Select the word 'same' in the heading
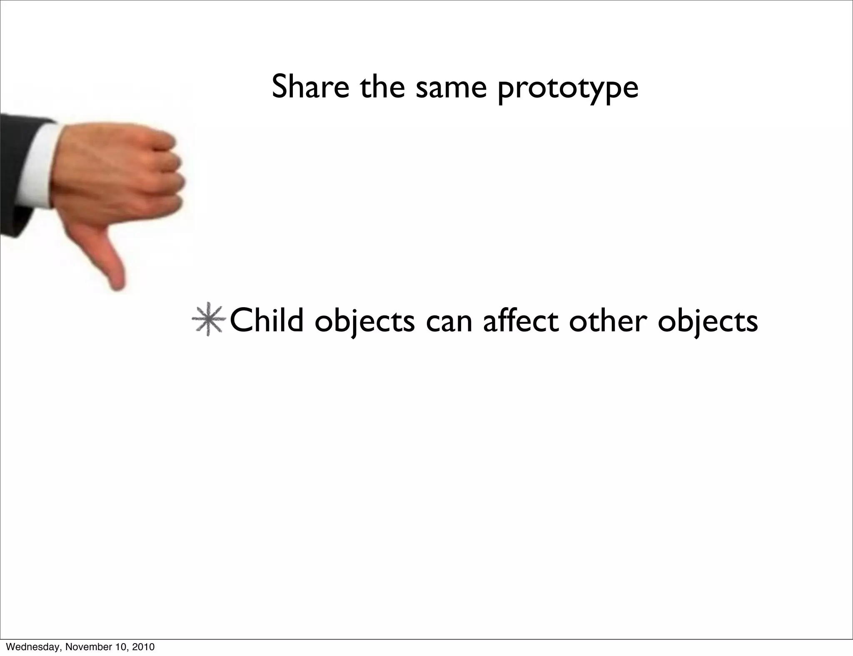[451, 87]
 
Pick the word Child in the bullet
[267, 321]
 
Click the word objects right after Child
[364, 323]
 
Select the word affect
[521, 321]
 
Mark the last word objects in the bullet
[708, 323]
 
